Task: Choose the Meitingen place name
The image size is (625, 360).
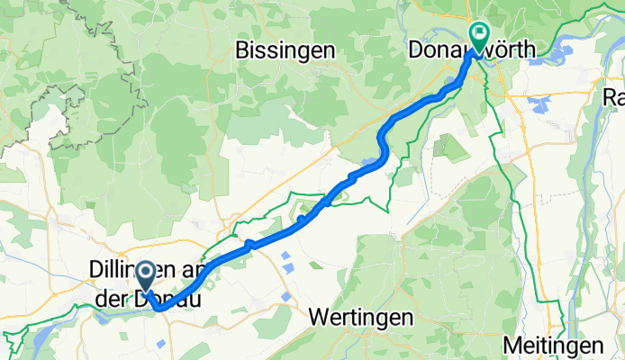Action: tap(553, 346)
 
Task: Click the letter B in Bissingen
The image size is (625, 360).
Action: tap(240, 50)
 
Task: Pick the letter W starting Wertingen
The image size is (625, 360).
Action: tap(317, 318)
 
